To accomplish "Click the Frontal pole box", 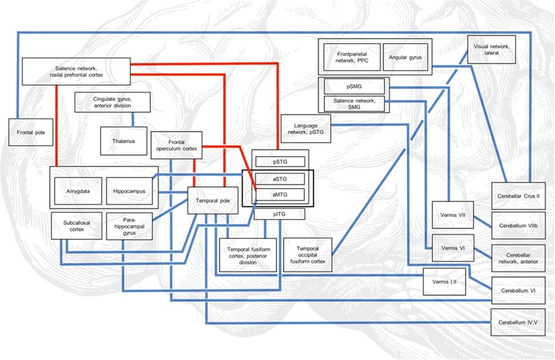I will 27,132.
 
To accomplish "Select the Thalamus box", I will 123,141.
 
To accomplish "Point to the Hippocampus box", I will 129,192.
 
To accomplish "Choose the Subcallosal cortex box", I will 73,225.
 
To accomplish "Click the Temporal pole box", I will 212,201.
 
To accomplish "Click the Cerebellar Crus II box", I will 518,195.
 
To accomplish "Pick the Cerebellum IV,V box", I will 518,322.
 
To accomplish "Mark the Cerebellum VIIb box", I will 518,226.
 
